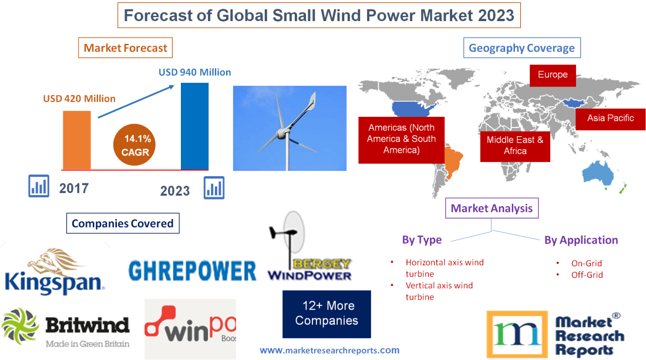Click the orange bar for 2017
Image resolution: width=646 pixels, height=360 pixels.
point(77,140)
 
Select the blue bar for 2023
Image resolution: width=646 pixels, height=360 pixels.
point(194,126)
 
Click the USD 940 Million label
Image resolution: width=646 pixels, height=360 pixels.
point(194,72)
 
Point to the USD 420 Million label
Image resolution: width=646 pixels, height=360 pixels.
point(79,99)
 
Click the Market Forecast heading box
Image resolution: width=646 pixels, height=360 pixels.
point(125,48)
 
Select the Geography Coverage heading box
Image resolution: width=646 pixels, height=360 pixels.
point(521,48)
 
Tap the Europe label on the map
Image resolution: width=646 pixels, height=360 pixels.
point(553,75)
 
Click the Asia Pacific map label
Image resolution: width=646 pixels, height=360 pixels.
point(611,118)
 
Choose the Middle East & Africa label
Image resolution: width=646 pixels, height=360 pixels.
point(515,145)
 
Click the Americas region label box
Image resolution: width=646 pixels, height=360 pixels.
point(401,139)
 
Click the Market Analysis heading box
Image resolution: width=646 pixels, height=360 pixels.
point(492,208)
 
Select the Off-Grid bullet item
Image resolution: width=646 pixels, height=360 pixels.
point(587,274)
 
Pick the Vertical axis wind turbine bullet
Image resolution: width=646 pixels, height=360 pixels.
point(439,291)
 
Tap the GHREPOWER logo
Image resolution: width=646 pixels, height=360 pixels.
point(192,270)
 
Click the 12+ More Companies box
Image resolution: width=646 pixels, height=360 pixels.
point(327,314)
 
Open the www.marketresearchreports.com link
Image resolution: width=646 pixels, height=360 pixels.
point(329,350)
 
